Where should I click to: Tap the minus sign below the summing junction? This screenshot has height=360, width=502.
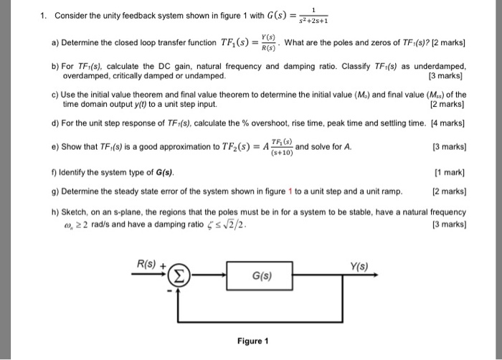coord(171,291)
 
